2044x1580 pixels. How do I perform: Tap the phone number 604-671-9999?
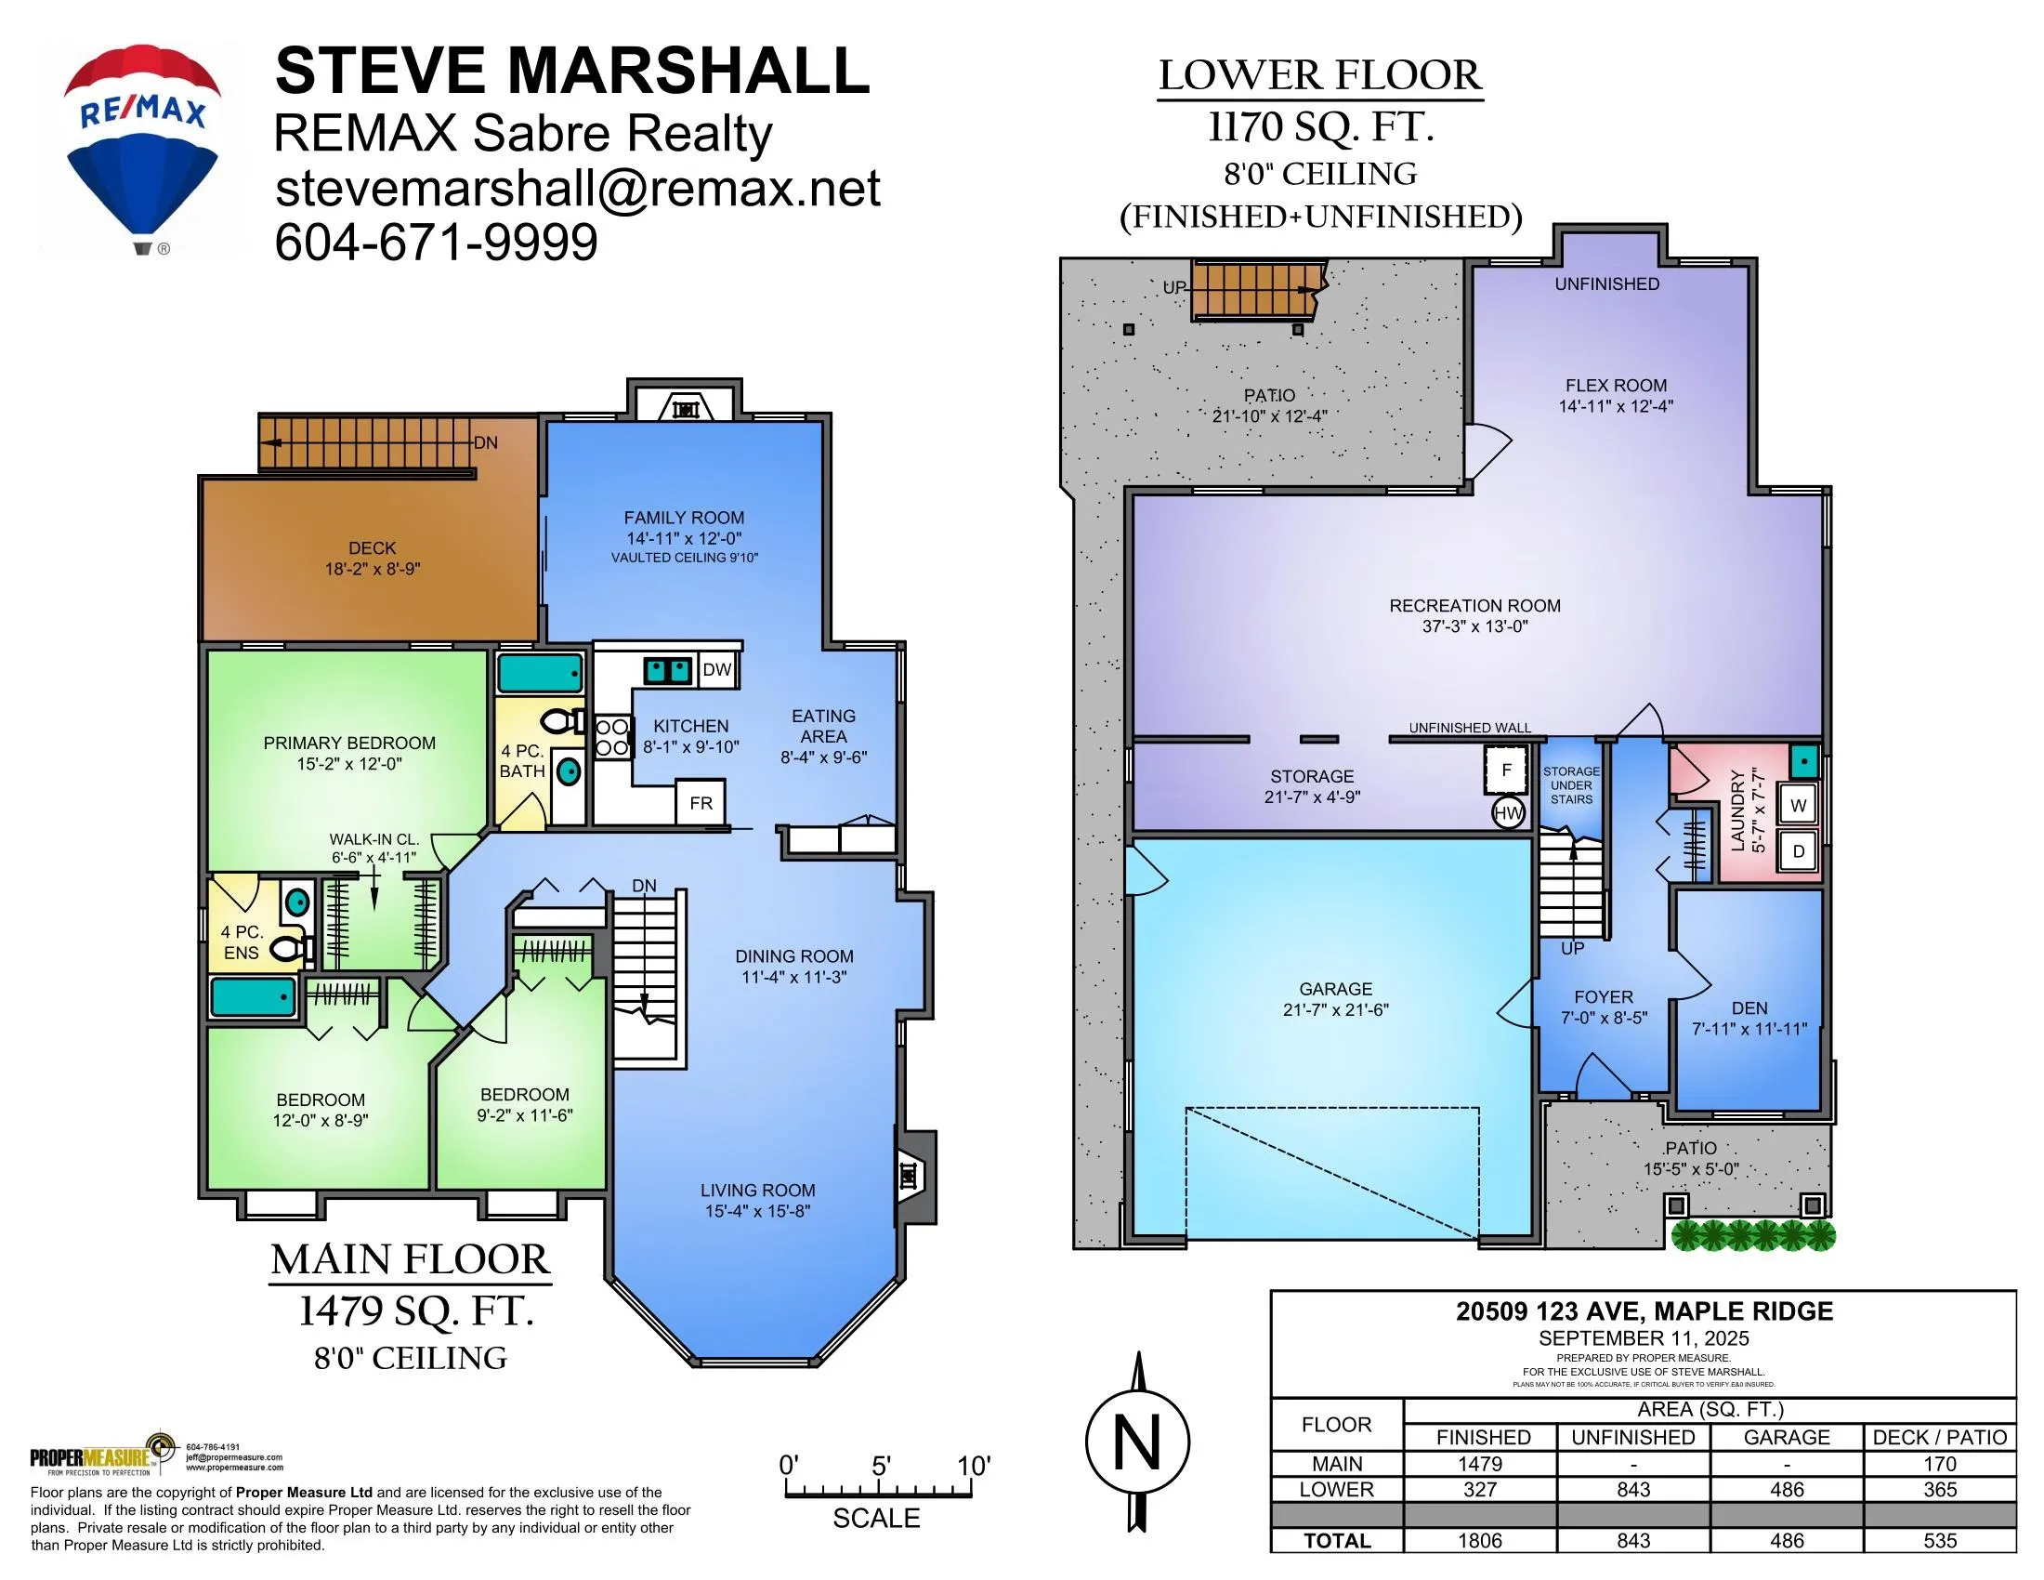click(436, 243)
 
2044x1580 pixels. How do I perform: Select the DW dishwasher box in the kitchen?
click(717, 669)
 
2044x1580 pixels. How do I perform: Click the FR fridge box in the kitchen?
click(701, 802)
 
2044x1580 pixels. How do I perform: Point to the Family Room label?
click(684, 518)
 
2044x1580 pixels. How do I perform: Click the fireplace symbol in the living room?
click(909, 1175)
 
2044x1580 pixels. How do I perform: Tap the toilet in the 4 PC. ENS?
click(291, 950)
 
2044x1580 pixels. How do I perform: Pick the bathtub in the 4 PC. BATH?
click(539, 673)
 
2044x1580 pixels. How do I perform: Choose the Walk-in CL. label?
click(373, 839)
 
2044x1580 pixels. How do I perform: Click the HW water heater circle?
click(1508, 812)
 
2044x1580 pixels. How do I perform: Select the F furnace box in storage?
click(1506, 770)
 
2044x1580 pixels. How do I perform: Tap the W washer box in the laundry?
click(1798, 805)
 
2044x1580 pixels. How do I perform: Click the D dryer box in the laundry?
click(1798, 851)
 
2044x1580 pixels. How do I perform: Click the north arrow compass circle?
click(1137, 1442)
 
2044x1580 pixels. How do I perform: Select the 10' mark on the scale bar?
click(974, 1466)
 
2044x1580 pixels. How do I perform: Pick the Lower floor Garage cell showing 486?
click(1787, 1489)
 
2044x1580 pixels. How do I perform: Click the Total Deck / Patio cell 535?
click(1940, 1541)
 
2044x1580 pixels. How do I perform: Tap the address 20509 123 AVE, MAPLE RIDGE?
click(1644, 1311)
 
